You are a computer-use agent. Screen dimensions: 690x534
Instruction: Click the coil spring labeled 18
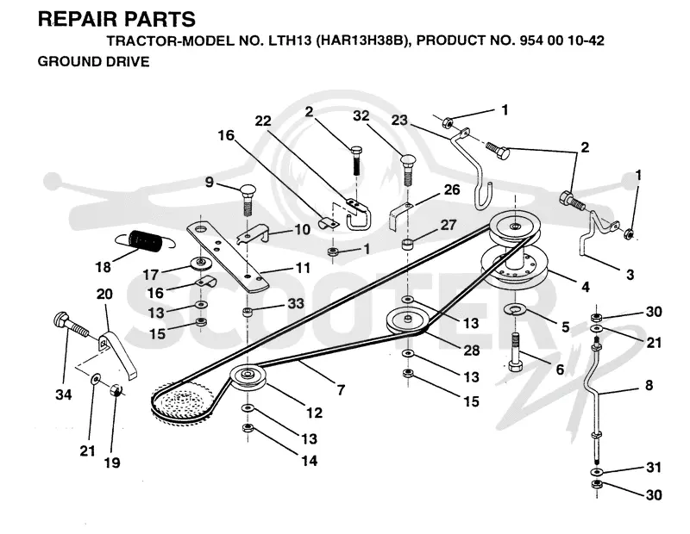pyautogui.click(x=145, y=241)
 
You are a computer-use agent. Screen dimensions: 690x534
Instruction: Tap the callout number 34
pyautogui.click(x=63, y=394)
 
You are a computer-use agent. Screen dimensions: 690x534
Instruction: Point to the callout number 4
pyautogui.click(x=586, y=287)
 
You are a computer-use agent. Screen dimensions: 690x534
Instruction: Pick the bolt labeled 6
pyautogui.click(x=516, y=353)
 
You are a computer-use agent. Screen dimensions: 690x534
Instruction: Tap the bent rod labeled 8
pyautogui.click(x=596, y=402)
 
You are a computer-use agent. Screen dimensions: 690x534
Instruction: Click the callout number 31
pyautogui.click(x=654, y=467)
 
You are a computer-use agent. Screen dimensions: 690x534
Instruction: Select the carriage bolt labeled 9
pyautogui.click(x=248, y=199)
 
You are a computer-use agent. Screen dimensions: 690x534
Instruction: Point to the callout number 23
pyautogui.click(x=399, y=120)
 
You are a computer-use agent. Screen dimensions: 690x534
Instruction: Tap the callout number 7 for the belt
pyautogui.click(x=341, y=389)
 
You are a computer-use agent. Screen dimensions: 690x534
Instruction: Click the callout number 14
pyautogui.click(x=310, y=460)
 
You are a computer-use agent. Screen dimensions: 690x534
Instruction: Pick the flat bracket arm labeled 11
pyautogui.click(x=228, y=258)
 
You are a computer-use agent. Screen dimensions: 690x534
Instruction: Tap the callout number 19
pyautogui.click(x=112, y=463)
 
